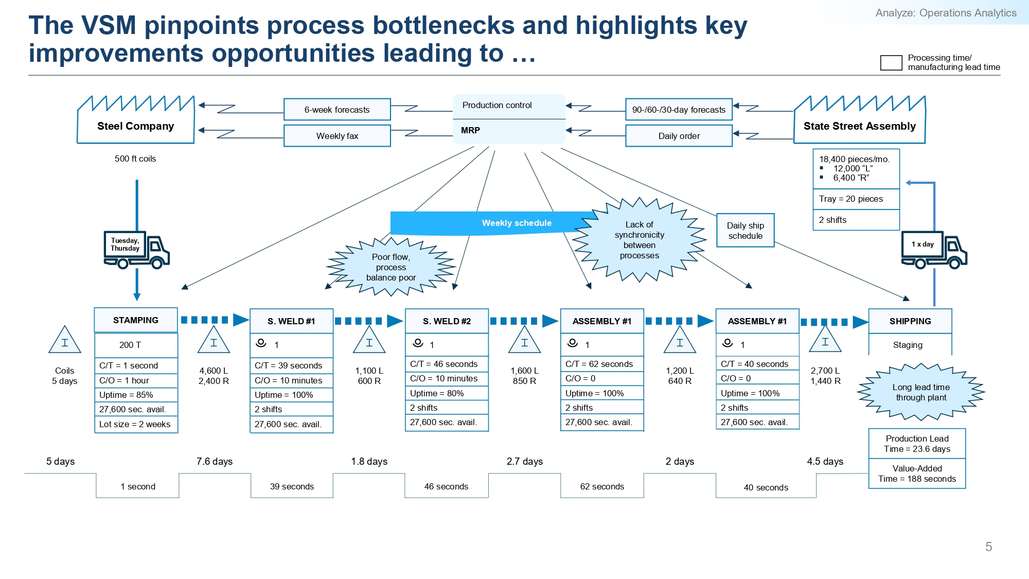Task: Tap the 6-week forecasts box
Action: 337,110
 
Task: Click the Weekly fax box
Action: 337,136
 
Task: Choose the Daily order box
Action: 679,136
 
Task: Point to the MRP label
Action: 470,130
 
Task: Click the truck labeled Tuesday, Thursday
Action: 137,250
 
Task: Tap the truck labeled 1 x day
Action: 934,250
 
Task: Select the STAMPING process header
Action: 136,320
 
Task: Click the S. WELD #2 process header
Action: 447,321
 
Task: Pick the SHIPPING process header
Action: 910,321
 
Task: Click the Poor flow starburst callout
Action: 391,267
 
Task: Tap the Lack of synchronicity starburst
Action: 640,240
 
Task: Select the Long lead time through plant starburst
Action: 921,392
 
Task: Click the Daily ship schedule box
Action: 746,231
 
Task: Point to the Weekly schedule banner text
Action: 517,223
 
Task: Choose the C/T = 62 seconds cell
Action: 602,364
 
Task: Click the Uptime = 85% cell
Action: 136,395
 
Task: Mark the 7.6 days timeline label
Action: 215,461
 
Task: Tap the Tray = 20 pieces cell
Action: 856,199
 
